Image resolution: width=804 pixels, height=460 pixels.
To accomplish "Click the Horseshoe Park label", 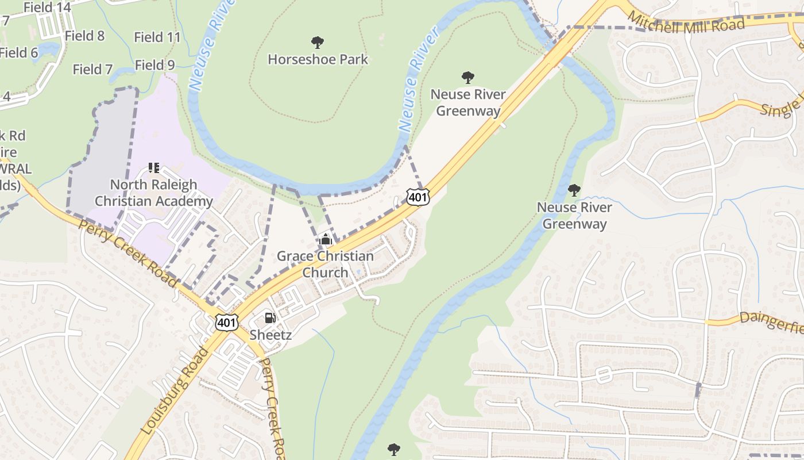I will (318, 59).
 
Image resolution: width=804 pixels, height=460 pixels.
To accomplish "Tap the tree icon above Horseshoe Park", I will (317, 42).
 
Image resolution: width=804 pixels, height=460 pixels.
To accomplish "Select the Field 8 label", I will (84, 36).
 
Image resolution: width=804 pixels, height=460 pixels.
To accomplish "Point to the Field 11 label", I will (157, 37).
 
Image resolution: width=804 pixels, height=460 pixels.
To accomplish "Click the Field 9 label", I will (154, 65).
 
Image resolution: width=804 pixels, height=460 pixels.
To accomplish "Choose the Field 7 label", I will (92, 70).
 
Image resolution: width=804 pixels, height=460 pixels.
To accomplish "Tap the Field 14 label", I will (48, 7).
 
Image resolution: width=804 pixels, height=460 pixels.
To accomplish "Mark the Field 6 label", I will (18, 53).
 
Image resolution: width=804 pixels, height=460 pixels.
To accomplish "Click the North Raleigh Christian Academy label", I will (153, 193).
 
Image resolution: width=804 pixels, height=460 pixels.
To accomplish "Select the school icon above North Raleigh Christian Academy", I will (153, 168).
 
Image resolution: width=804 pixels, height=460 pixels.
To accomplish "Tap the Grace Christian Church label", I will (325, 264).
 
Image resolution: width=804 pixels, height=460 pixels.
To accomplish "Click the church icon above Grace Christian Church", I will (326, 239).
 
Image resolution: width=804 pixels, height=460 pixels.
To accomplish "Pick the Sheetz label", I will (270, 335).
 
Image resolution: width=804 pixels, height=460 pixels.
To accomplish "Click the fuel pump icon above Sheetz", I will (269, 317).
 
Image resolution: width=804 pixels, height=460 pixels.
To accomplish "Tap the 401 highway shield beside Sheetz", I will (227, 323).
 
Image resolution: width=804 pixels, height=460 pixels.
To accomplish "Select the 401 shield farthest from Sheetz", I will (418, 197).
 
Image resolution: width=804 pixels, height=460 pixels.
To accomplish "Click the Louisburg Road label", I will (172, 390).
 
